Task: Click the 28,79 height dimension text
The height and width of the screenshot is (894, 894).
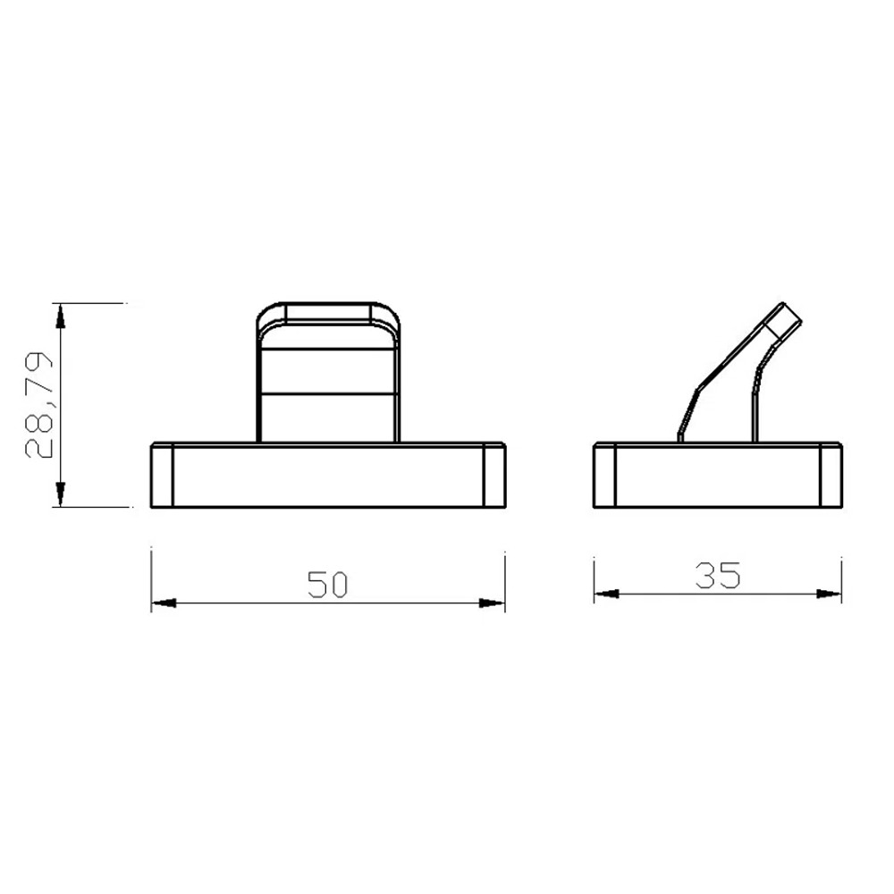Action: pyautogui.click(x=39, y=405)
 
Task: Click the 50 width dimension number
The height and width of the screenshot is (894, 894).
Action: pyautogui.click(x=327, y=585)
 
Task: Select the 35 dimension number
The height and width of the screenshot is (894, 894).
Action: pyautogui.click(x=718, y=575)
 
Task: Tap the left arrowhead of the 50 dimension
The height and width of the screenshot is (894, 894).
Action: pyautogui.click(x=164, y=603)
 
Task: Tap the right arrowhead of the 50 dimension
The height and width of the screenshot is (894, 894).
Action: pyautogui.click(x=492, y=603)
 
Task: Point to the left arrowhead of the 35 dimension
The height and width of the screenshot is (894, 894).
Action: pyautogui.click(x=607, y=594)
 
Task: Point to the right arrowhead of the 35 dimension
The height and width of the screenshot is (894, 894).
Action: pyautogui.click(x=829, y=594)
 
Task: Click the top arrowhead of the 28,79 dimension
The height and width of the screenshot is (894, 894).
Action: pyautogui.click(x=60, y=316)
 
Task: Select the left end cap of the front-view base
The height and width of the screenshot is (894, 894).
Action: pyautogui.click(x=161, y=475)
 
